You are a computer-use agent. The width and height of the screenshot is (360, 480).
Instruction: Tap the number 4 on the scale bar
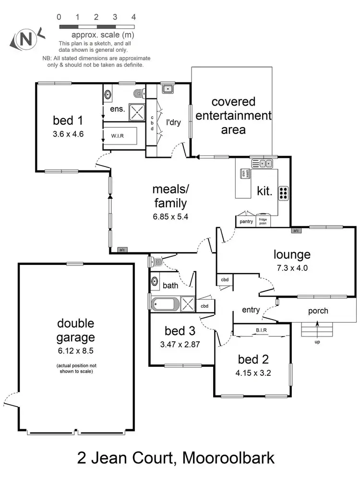click(133, 17)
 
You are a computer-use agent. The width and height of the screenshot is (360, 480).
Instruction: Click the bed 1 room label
click(68, 120)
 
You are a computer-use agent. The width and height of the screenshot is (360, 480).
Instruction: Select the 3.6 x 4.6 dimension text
click(68, 134)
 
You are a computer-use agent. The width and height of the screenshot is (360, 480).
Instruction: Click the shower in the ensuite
click(138, 112)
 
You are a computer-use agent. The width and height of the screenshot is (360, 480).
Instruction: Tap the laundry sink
click(168, 89)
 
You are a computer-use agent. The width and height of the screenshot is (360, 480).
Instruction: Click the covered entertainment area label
click(233, 116)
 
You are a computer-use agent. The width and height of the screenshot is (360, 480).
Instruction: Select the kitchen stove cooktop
click(283, 192)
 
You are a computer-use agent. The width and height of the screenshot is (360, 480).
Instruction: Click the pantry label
click(246, 221)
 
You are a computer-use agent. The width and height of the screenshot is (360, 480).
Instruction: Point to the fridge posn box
click(264, 221)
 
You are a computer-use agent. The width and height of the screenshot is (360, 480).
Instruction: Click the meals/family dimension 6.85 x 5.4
click(170, 216)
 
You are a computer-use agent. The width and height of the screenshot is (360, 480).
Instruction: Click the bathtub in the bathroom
click(165, 304)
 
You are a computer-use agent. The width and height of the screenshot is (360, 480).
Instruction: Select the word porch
click(318, 311)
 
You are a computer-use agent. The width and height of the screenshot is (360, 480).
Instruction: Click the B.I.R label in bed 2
click(261, 330)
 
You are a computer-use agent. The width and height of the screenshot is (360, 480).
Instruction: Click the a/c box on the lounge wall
click(296, 231)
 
